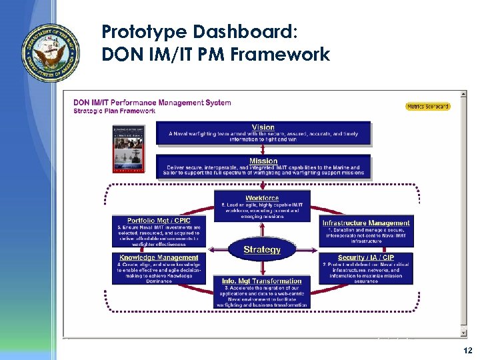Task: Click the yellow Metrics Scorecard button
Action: (x=428, y=107)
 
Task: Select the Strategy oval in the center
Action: (x=262, y=250)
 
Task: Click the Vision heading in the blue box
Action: (x=263, y=127)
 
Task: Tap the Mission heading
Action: (x=263, y=161)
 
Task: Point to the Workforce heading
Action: (x=262, y=198)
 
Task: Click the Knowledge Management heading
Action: (x=159, y=257)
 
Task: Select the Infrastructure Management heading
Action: (x=366, y=223)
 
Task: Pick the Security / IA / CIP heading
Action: (x=366, y=257)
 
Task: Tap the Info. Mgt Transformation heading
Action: (x=262, y=281)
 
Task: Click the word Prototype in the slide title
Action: (x=141, y=31)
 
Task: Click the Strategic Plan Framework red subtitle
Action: (x=114, y=111)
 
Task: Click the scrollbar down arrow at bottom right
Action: (x=463, y=333)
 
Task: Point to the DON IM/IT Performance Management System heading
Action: (x=152, y=102)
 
